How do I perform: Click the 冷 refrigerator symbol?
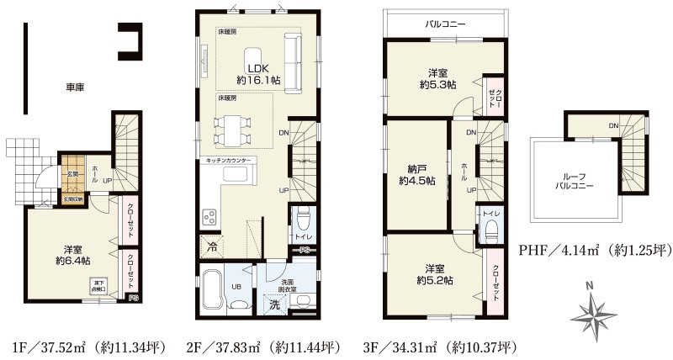[210, 247]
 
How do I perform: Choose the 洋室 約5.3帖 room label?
[437, 78]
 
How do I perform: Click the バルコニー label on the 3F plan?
[445, 24]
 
